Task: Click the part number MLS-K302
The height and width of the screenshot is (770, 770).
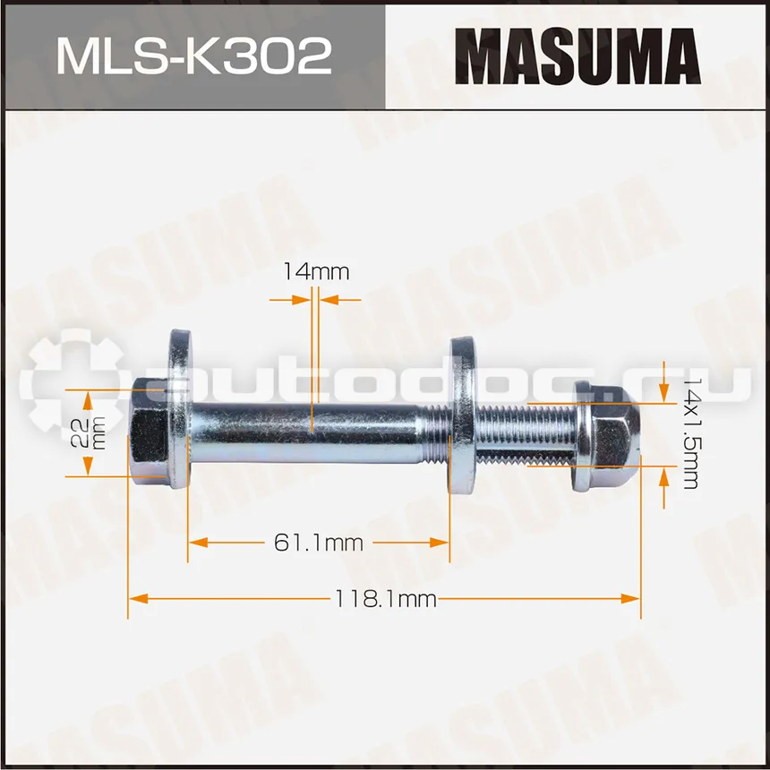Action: pyautogui.click(x=194, y=57)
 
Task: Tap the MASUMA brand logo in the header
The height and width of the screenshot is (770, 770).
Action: pyautogui.click(x=577, y=56)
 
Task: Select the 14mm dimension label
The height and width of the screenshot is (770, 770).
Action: pyautogui.click(x=316, y=271)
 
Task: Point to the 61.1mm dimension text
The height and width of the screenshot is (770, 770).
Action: pyautogui.click(x=318, y=543)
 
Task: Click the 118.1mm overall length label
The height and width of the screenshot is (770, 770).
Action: pyautogui.click(x=386, y=599)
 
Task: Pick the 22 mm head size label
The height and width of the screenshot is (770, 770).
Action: pyautogui.click(x=88, y=432)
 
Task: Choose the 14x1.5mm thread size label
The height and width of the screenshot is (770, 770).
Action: pyautogui.click(x=690, y=433)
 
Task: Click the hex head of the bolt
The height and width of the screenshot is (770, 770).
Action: pyautogui.click(x=149, y=433)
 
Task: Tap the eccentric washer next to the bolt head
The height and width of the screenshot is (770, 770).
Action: pyautogui.click(x=180, y=409)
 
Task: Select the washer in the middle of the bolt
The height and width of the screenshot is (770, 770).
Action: pyautogui.click(x=463, y=415)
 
